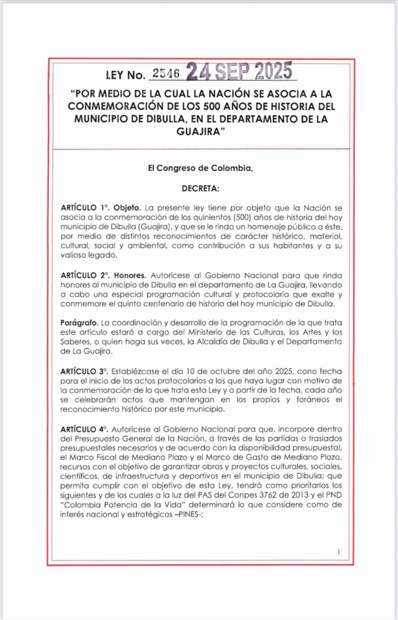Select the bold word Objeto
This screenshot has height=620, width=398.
[x=128, y=207]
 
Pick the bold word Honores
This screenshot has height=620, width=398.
[x=131, y=274]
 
